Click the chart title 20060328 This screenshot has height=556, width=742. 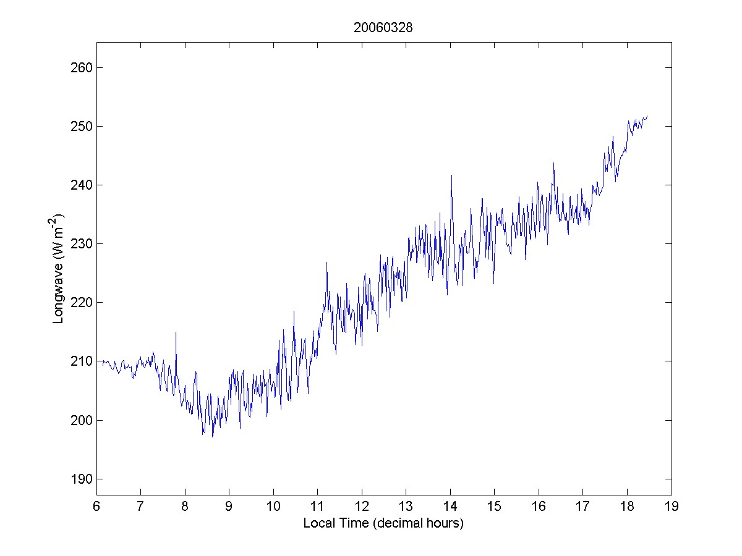coord(383,27)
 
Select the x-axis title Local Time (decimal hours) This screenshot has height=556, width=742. coord(383,523)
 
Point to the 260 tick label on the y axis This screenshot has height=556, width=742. coord(80,67)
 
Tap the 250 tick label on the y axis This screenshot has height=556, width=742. coord(80,126)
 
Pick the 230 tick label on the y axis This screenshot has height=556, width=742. coord(80,243)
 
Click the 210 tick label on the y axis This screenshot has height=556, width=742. coord(80,361)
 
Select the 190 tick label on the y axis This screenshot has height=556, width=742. coord(80,479)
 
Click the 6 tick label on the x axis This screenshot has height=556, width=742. coord(96,507)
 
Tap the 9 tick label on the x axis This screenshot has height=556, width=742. coord(229,507)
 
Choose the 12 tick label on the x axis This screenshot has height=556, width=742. coord(361,507)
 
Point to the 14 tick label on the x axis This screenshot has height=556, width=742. coord(450,507)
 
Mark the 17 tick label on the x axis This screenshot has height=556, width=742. coord(582,507)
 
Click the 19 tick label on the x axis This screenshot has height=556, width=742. coord(672,507)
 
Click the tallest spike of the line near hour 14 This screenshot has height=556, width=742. coord(451,175)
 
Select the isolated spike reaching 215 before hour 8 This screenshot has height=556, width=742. coord(176,332)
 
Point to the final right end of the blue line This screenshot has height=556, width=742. coord(647,116)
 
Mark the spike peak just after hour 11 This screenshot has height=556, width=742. coord(326,262)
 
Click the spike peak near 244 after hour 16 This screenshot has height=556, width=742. coord(553,163)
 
